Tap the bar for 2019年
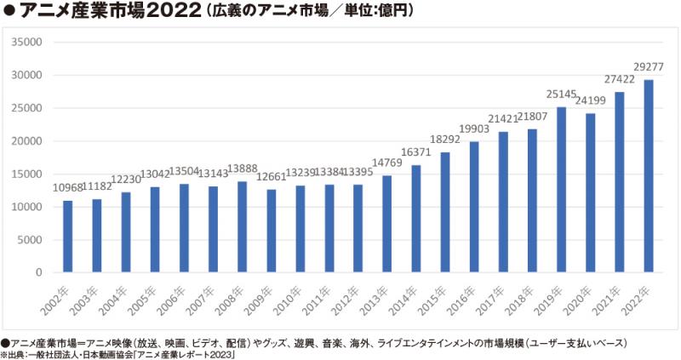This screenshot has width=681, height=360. click(561, 190)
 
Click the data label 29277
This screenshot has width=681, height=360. click(649, 66)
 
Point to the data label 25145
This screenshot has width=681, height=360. click(561, 94)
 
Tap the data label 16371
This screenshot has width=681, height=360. click(416, 153)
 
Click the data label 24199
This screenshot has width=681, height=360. click(591, 100)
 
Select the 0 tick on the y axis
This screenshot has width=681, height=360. click(38, 272)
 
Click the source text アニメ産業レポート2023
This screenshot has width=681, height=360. click(190, 354)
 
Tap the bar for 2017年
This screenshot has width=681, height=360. click(503, 202)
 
